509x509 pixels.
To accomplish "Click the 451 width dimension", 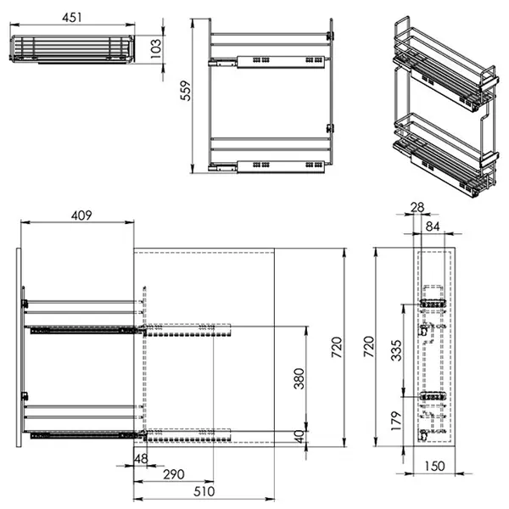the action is (x=72, y=18).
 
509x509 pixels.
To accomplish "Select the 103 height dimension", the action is (x=156, y=48).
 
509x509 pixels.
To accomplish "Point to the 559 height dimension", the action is (x=186, y=91).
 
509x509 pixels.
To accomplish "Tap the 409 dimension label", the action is (x=81, y=215).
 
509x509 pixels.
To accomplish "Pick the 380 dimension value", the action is (x=299, y=378).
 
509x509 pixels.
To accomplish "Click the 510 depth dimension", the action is (x=204, y=491).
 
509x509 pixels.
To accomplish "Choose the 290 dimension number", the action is (x=174, y=474).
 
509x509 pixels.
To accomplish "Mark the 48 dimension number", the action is (x=141, y=459).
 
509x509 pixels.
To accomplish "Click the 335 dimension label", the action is (x=396, y=350).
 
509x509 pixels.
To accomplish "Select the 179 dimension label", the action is (x=396, y=421).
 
